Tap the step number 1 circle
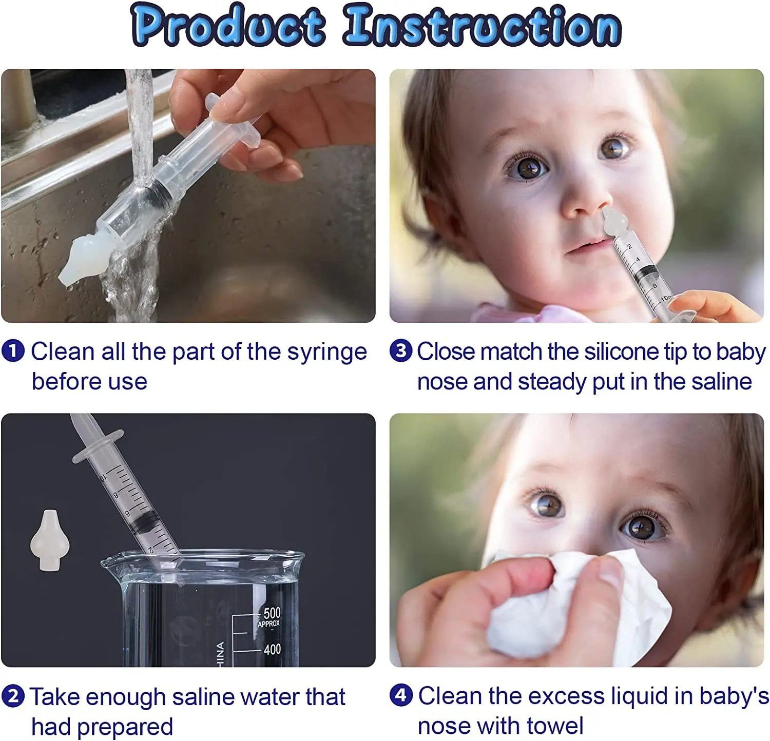coord(13,352)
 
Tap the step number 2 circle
coord(13,696)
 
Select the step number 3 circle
coord(400,352)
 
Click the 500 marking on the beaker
coord(272,613)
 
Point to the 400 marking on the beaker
coord(272,649)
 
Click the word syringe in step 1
coord(326,353)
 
